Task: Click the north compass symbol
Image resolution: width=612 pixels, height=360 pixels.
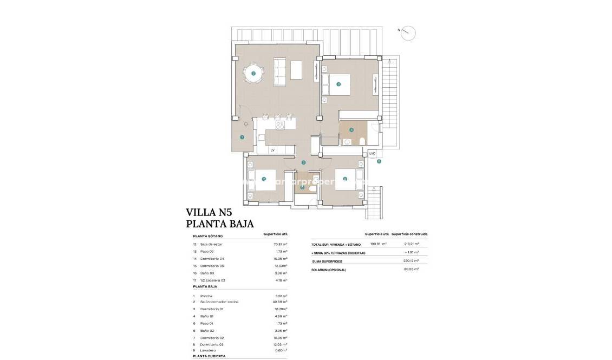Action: (409, 32)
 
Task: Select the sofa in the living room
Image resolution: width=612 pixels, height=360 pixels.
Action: (279, 71)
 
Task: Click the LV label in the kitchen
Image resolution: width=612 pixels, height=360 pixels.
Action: (272, 150)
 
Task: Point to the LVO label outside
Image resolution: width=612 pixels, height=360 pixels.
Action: (372, 154)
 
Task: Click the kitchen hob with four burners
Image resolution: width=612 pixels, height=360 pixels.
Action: (280, 125)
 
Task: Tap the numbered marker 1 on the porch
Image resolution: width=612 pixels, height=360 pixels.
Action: (242, 137)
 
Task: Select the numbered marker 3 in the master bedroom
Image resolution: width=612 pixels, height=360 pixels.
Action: (338, 84)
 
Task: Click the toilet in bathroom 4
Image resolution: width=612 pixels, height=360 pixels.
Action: (361, 141)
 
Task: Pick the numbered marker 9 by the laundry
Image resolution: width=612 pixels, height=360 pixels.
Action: (379, 161)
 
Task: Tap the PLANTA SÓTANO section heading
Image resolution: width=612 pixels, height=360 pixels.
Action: (207, 236)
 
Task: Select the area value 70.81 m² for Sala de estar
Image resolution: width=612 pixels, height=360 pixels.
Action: (280, 244)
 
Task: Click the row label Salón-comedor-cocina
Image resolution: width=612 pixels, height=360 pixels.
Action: (219, 302)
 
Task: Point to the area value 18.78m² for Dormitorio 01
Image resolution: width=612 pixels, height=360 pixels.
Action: (280, 309)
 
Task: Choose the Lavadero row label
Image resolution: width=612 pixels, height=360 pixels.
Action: (209, 350)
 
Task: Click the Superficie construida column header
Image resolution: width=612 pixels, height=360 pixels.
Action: (409, 234)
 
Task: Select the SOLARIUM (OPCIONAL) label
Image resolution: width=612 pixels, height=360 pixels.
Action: (329, 270)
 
